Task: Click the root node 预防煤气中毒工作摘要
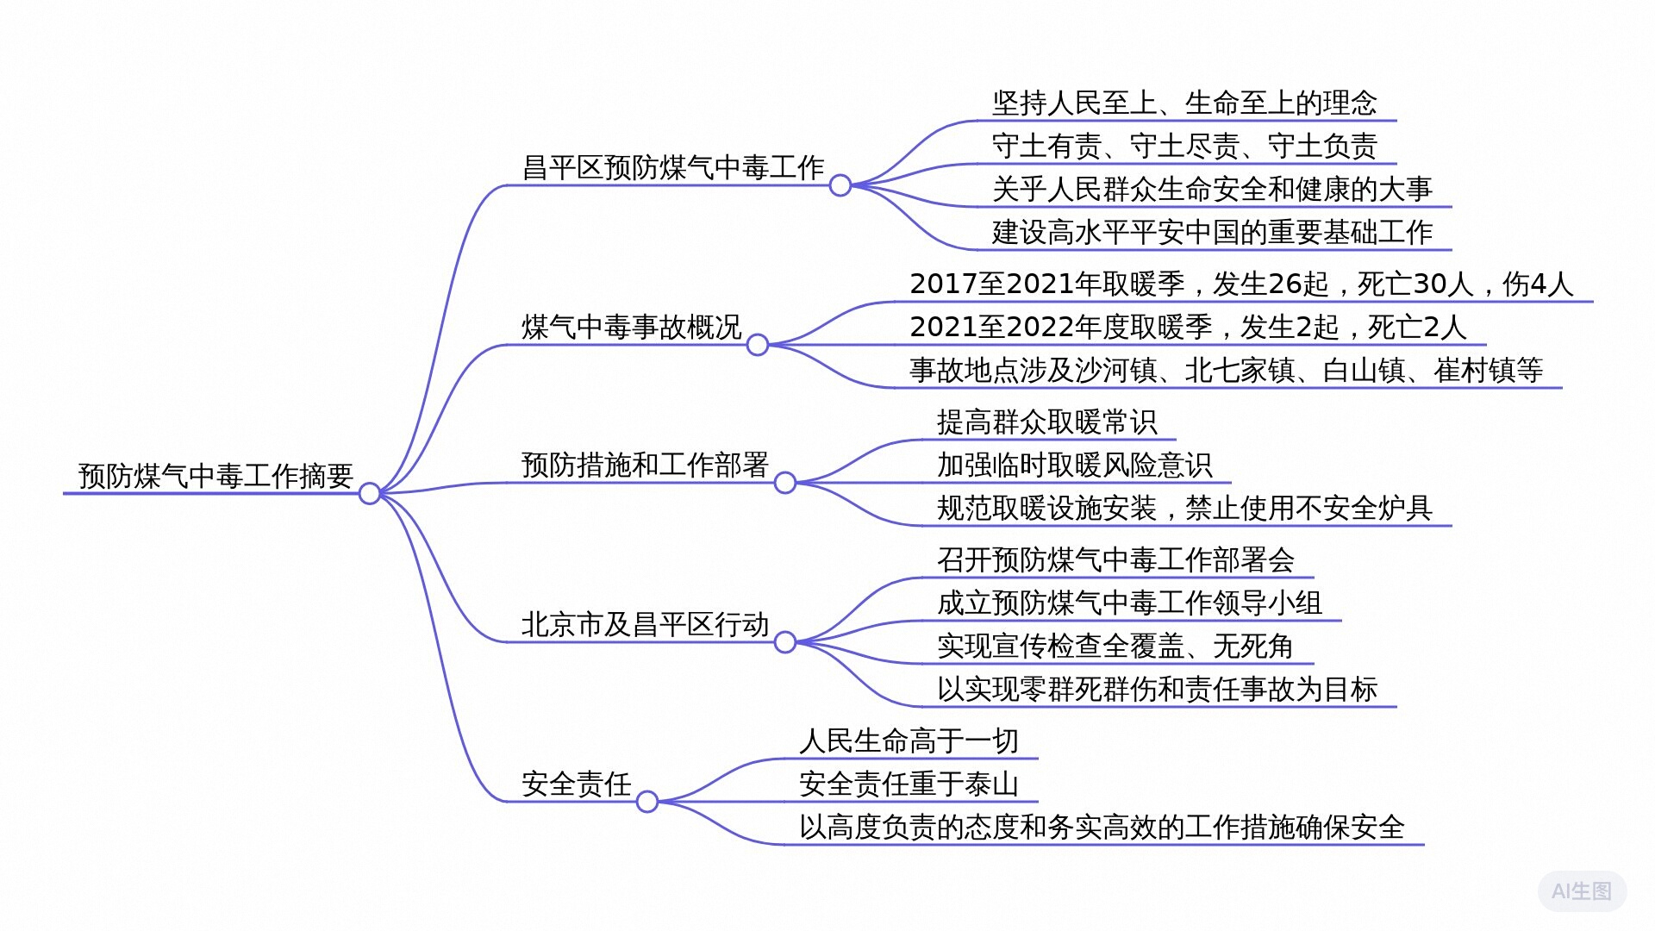(x=215, y=475)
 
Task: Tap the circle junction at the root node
(x=369, y=493)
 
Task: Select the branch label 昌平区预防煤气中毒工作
(x=673, y=167)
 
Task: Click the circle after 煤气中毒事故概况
(x=757, y=345)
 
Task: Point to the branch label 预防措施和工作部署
(x=645, y=465)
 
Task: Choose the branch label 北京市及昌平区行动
(x=645, y=624)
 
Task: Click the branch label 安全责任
(x=577, y=784)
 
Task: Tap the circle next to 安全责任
(x=646, y=802)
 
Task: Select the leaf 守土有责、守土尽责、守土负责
(x=1184, y=146)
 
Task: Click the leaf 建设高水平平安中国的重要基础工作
(x=1212, y=232)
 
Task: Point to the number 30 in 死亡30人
(x=1430, y=284)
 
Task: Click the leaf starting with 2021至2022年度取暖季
(x=1188, y=327)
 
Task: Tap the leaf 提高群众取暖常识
(x=1046, y=422)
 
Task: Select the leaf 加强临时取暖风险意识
(x=1074, y=465)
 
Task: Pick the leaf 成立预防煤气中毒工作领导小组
(x=1129, y=603)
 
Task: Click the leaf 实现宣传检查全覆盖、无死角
(x=1115, y=646)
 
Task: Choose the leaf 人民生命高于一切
(x=909, y=740)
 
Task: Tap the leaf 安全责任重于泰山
(x=909, y=784)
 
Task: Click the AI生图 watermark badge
(x=1582, y=890)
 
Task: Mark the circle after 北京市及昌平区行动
(x=784, y=642)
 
